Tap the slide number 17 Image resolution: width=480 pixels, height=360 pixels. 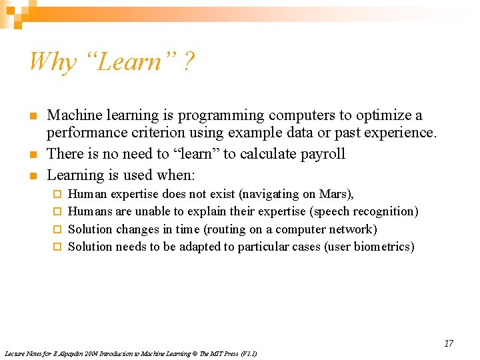[x=449, y=343]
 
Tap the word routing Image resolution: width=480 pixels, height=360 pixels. [x=226, y=229]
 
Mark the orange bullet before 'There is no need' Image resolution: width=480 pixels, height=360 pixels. [x=33, y=155]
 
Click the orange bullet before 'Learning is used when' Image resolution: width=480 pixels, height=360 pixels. [x=33, y=176]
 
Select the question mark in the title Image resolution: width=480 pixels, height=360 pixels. [x=189, y=62]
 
